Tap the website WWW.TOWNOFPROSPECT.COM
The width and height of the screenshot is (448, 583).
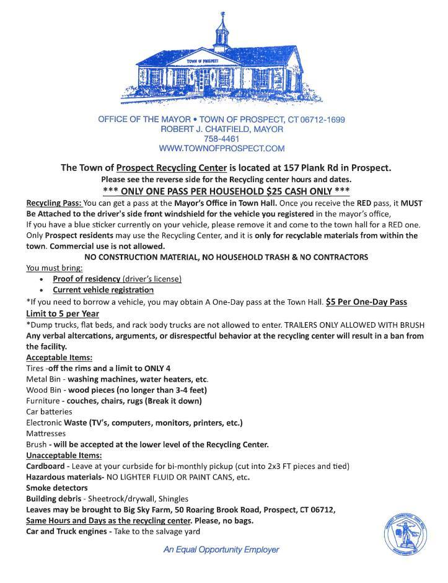[x=221, y=149]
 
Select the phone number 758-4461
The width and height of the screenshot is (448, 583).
[x=221, y=139]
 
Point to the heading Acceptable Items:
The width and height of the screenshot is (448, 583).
[x=59, y=357]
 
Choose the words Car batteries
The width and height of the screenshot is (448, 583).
[x=49, y=411]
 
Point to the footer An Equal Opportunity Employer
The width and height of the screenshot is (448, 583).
[x=221, y=549]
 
